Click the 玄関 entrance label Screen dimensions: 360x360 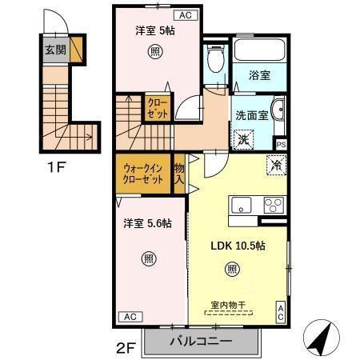[55, 50]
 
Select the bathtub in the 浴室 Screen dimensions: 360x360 [259, 50]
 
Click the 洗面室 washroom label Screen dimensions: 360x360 [252, 115]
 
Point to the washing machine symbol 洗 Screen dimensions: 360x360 [243, 139]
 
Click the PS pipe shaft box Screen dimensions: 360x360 [281, 145]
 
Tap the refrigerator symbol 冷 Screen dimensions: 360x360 [277, 166]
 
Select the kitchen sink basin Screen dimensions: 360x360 [241, 205]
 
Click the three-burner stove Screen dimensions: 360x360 [274, 205]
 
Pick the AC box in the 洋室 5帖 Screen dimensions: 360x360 [186, 15]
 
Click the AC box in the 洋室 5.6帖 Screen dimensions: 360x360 [130, 317]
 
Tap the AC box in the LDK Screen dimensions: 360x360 [281, 312]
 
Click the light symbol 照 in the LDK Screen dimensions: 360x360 [232, 270]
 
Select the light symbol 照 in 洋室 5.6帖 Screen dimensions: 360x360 [149, 258]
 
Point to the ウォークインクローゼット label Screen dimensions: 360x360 [143, 174]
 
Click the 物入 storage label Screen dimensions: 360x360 [179, 174]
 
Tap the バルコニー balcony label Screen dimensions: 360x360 [201, 341]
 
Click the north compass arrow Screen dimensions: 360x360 [321, 338]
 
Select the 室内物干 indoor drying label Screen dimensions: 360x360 [228, 305]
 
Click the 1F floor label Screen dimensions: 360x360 [56, 167]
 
